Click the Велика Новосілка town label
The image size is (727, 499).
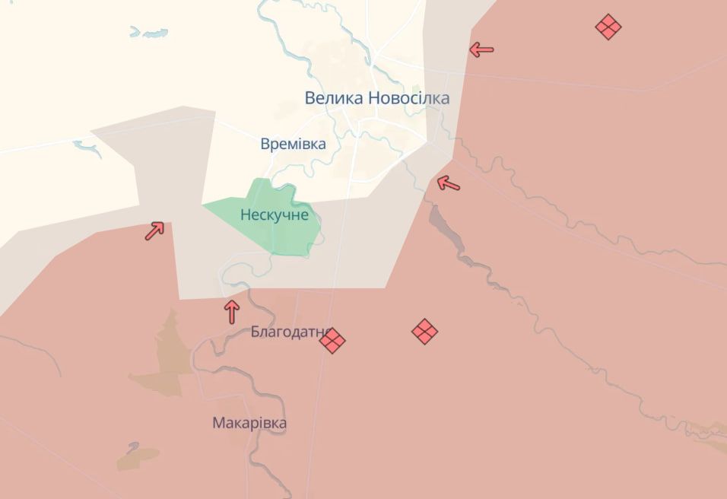tap(376, 98)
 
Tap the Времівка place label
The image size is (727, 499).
tap(293, 144)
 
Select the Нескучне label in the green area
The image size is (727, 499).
tap(275, 215)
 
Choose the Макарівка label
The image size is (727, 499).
tap(249, 423)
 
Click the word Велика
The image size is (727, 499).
tap(333, 98)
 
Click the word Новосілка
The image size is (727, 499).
tap(408, 98)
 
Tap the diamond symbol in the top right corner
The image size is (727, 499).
tap(608, 27)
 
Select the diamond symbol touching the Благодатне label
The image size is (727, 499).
tap(332, 340)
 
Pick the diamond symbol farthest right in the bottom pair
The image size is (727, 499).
tap(424, 331)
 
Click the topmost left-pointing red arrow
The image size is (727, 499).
tap(481, 50)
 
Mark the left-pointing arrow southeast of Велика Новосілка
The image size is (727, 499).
tap(449, 183)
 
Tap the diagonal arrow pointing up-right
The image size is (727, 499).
tap(154, 230)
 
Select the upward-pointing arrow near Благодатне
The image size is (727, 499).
tap(232, 311)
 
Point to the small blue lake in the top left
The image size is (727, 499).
tap(148, 33)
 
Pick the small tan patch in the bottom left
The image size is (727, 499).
tap(137, 456)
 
